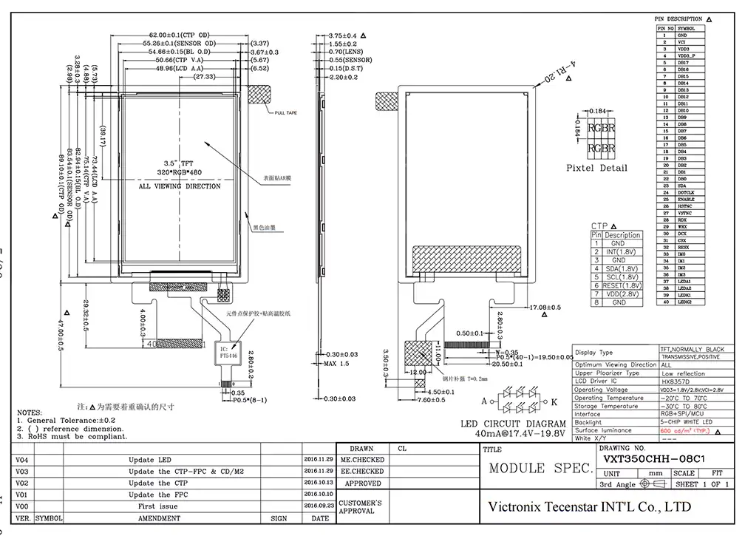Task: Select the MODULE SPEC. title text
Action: pos(540,469)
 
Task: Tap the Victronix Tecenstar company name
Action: pos(590,507)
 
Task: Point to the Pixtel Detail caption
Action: pos(596,168)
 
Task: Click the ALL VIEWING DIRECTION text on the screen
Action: pos(180,186)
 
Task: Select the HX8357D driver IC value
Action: pos(674,381)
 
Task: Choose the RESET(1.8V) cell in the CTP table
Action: pos(622,285)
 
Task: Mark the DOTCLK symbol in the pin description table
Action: pos(687,192)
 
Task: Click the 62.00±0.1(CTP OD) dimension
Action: pos(180,35)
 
